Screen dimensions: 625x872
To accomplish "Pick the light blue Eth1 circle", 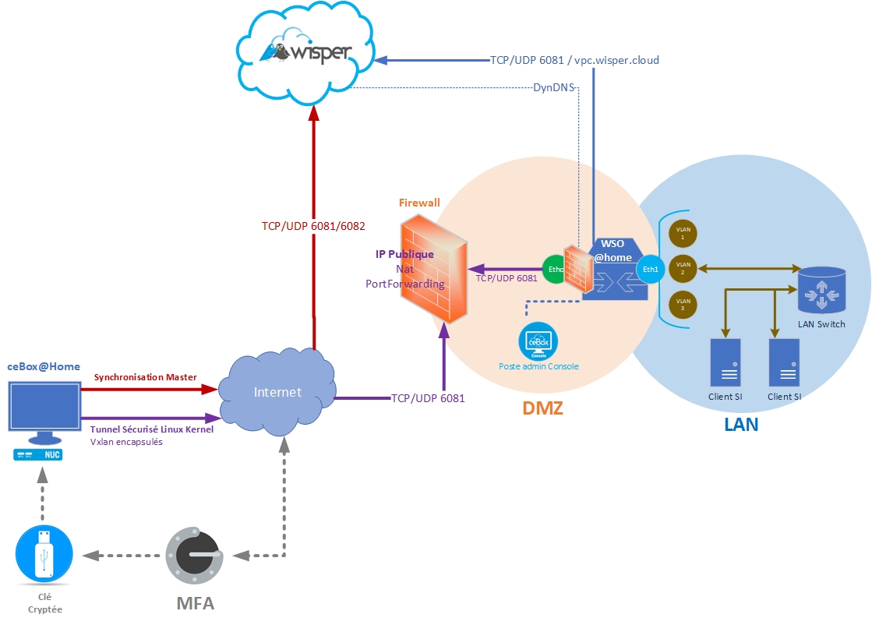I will (x=648, y=270).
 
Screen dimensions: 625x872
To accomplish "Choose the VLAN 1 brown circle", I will (x=684, y=233).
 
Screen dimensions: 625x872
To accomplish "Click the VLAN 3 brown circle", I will (x=684, y=304).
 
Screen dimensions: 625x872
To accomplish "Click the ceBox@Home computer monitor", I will (x=44, y=406).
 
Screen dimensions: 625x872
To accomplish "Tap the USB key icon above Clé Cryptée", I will (x=44, y=553).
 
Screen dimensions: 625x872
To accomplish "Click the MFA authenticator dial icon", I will (x=195, y=556).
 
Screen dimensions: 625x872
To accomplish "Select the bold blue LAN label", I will (x=741, y=425).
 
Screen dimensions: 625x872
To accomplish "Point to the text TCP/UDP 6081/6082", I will (x=313, y=225).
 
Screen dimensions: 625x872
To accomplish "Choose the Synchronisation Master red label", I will (x=146, y=377).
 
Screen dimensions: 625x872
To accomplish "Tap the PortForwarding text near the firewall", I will (x=404, y=284).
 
